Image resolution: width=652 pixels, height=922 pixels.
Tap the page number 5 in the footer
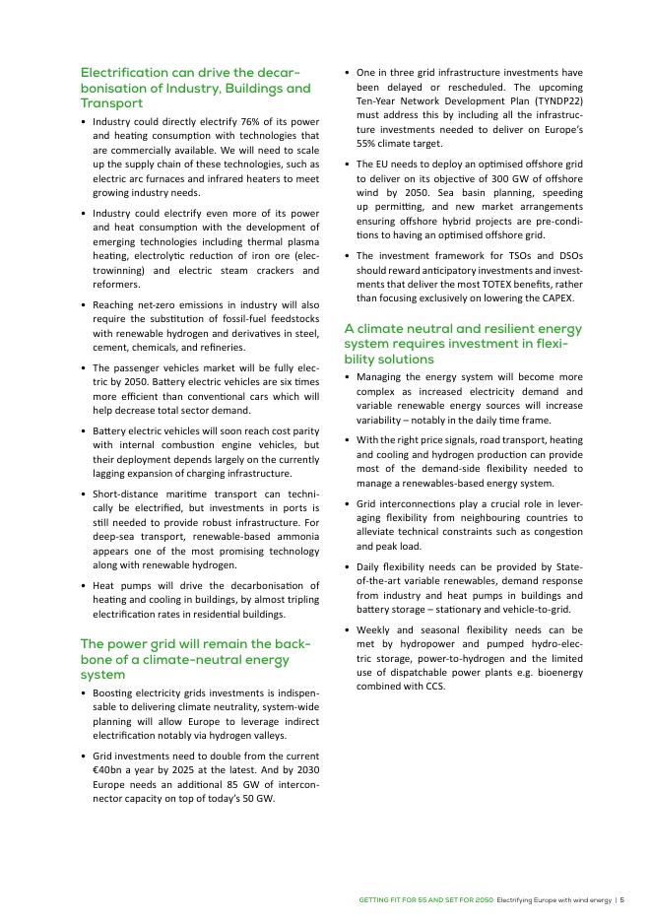click(621, 900)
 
